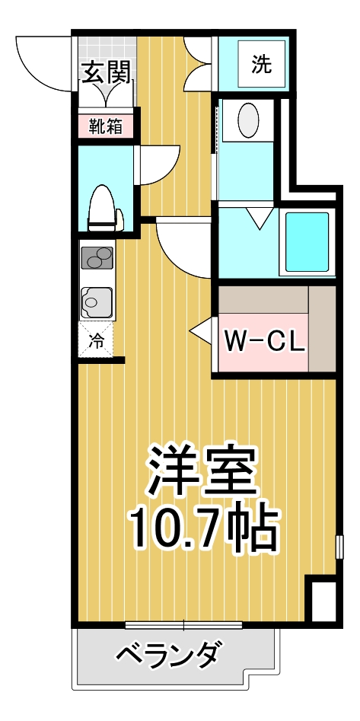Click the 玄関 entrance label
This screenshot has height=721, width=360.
(106, 73)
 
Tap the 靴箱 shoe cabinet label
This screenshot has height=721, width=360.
(106, 126)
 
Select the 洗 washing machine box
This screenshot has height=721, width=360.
(261, 65)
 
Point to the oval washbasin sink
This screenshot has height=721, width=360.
(248, 120)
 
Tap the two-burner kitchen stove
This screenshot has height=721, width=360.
(97, 260)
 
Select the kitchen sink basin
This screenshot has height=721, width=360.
(96, 302)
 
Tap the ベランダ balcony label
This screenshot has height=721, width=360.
(170, 654)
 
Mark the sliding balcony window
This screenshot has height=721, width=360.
(183, 626)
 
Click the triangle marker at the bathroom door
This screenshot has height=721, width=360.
(260, 220)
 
